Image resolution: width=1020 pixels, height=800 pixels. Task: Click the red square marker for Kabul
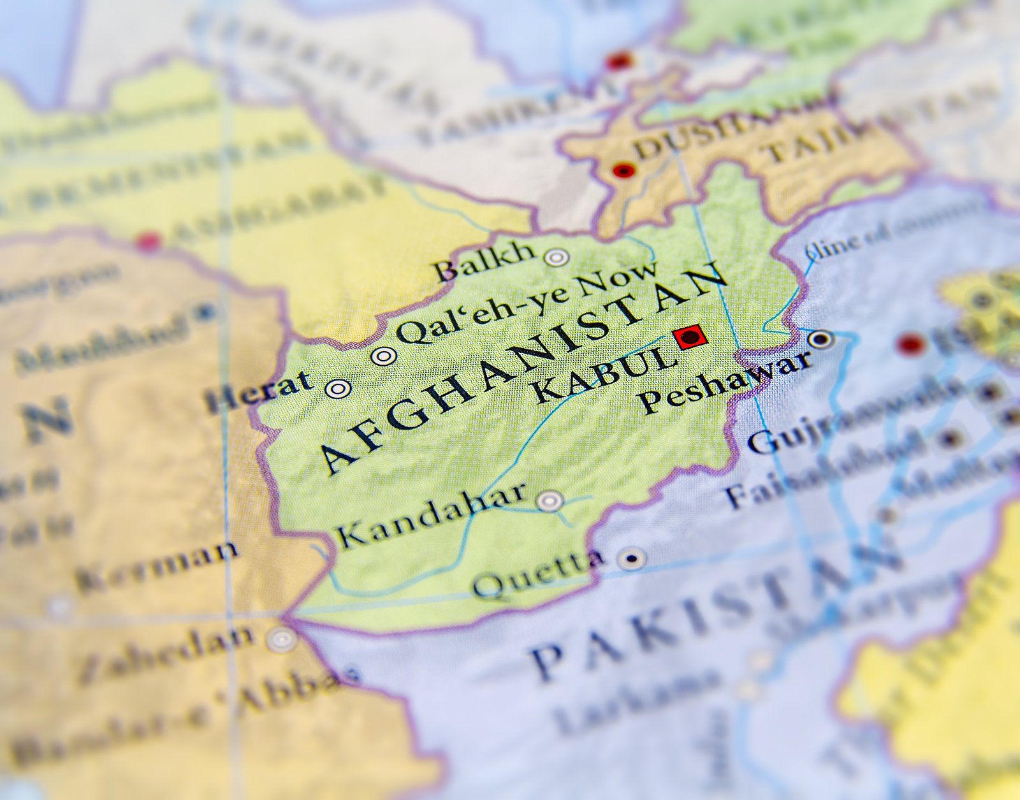(690, 336)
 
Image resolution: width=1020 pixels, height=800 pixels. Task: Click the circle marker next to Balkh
(557, 257)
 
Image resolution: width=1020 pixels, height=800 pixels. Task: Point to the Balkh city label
(485, 261)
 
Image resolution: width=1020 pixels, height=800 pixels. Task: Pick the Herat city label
(259, 391)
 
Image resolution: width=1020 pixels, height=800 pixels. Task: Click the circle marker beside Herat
(338, 388)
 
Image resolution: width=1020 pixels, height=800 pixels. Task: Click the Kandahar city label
(431, 516)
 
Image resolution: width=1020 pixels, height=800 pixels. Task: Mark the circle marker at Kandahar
(549, 501)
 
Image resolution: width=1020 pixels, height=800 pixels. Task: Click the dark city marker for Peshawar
(821, 338)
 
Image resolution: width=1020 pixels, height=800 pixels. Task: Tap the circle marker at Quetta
(632, 559)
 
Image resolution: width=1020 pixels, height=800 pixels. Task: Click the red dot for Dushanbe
(623, 171)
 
